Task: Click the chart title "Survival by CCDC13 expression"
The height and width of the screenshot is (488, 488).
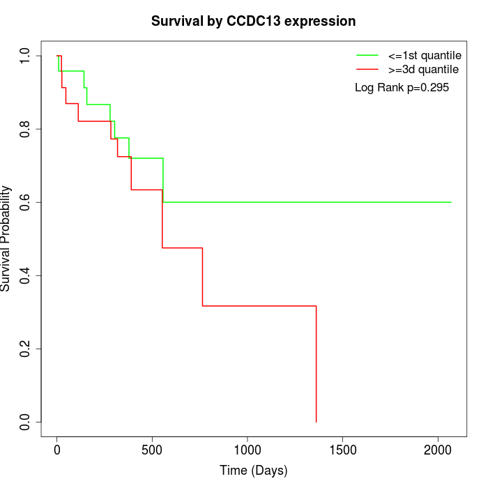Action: pos(254,22)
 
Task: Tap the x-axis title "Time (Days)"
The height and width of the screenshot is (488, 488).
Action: pos(254,471)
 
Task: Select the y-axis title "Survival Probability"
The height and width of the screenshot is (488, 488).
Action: pos(6,238)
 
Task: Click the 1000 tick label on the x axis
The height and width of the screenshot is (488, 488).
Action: pos(247,449)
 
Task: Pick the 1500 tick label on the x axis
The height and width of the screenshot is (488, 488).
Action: pos(342,449)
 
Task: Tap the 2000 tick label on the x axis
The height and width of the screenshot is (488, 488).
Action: pos(438,449)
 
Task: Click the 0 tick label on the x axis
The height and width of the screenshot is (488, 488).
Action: pos(57,449)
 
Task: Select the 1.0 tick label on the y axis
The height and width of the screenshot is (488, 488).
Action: pos(26,56)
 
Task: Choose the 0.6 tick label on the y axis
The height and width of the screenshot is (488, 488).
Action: pos(26,202)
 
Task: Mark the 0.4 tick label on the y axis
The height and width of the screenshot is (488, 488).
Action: pos(26,275)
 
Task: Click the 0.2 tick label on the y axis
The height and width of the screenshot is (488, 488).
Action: pos(26,349)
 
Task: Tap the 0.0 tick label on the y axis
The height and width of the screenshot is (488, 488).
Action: pos(26,422)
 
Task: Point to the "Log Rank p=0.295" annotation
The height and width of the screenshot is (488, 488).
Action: pos(402,88)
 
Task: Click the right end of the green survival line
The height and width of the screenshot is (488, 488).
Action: pos(451,202)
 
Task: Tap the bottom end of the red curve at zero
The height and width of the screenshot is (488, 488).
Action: pos(317,422)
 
